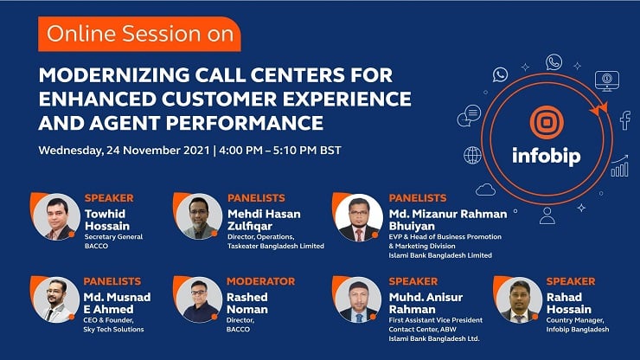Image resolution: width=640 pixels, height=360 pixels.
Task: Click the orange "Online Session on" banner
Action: pyautogui.click(x=139, y=34)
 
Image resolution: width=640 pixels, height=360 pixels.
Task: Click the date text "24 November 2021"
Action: pyautogui.click(x=158, y=151)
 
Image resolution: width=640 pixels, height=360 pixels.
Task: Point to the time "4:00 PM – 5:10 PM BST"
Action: pyautogui.click(x=280, y=151)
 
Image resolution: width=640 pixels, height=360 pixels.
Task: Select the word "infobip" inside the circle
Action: pyautogui.click(x=546, y=156)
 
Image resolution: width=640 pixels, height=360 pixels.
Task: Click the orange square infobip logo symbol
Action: pyautogui.click(x=547, y=122)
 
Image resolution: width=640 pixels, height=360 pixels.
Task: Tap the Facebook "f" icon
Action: pyautogui.click(x=625, y=120)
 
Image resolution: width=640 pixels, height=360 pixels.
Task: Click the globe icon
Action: pyautogui.click(x=473, y=155)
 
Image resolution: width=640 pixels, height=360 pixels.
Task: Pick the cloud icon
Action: pyautogui.click(x=485, y=190)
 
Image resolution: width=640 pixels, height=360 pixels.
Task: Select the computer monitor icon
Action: pyautogui.click(x=607, y=80)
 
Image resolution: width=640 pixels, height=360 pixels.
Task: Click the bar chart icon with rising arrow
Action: pyautogui.click(x=619, y=166)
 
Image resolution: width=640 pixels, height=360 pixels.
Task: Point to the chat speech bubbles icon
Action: pyautogui.click(x=469, y=115)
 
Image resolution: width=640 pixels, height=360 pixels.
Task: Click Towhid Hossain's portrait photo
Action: pyautogui.click(x=56, y=216)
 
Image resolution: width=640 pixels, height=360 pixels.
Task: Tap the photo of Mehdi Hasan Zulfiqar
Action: pyautogui.click(x=199, y=216)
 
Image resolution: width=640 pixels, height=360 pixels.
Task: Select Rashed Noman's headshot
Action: pyautogui.click(x=199, y=300)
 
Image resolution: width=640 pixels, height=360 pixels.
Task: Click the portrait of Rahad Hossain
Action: pyautogui.click(x=519, y=300)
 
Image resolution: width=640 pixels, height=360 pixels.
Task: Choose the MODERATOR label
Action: pyautogui.click(x=261, y=281)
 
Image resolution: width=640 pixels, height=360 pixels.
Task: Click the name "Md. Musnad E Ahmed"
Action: pyautogui.click(x=117, y=303)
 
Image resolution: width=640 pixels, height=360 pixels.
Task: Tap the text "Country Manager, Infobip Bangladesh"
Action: pyautogui.click(x=578, y=325)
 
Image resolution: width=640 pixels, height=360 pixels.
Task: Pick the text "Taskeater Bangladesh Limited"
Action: pyautogui.click(x=276, y=246)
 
